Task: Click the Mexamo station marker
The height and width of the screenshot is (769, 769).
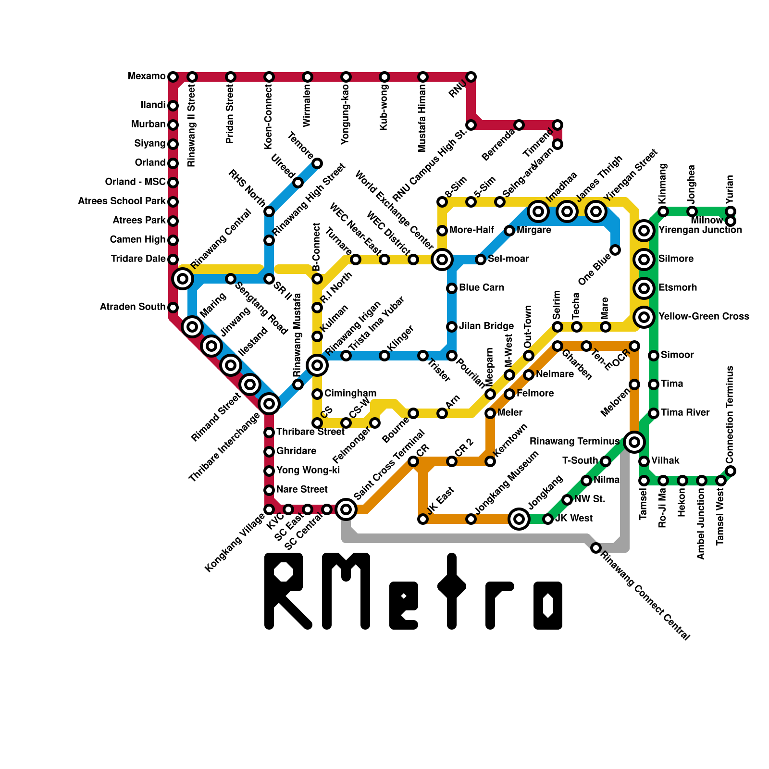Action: click(x=173, y=77)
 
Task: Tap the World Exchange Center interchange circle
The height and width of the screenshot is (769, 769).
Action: click(x=442, y=260)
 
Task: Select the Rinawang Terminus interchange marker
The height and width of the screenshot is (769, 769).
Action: click(x=634, y=442)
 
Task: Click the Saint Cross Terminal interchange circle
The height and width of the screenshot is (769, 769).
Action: click(x=346, y=509)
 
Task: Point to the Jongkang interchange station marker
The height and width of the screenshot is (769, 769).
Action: click(x=519, y=519)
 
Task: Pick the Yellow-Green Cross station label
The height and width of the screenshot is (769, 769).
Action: click(x=704, y=317)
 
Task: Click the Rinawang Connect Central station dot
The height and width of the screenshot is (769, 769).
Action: click(x=596, y=548)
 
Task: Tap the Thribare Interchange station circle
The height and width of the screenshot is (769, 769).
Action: click(x=269, y=403)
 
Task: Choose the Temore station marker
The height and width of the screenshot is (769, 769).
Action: click(x=317, y=163)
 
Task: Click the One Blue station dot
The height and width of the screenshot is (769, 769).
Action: click(x=615, y=250)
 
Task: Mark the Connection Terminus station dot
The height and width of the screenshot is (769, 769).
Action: click(x=731, y=471)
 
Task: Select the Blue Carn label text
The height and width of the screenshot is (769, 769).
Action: click(x=482, y=288)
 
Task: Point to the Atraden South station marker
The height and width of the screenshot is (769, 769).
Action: click(x=173, y=307)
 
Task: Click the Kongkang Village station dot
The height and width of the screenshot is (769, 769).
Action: click(x=269, y=509)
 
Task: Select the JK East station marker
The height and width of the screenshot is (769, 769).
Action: click(x=423, y=519)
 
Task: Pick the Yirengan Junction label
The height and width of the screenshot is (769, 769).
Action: click(x=700, y=230)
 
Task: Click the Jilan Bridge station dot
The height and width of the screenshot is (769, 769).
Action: click(x=452, y=327)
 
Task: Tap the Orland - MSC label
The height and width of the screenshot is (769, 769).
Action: click(x=135, y=182)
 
